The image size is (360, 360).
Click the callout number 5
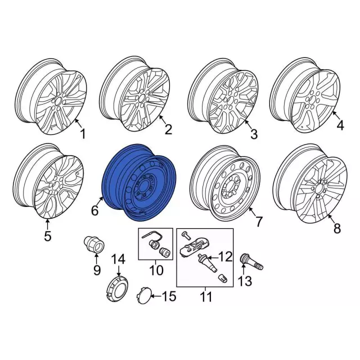(48, 236)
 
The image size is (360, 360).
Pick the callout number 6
(94, 211)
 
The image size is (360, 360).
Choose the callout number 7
(258, 222)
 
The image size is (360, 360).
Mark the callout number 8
(337, 229)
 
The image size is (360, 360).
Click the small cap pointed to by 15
(145, 296)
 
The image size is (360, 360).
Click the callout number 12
(225, 257)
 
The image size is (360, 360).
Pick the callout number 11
(206, 297)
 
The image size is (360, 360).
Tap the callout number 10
(156, 270)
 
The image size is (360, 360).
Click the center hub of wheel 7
(232, 186)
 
